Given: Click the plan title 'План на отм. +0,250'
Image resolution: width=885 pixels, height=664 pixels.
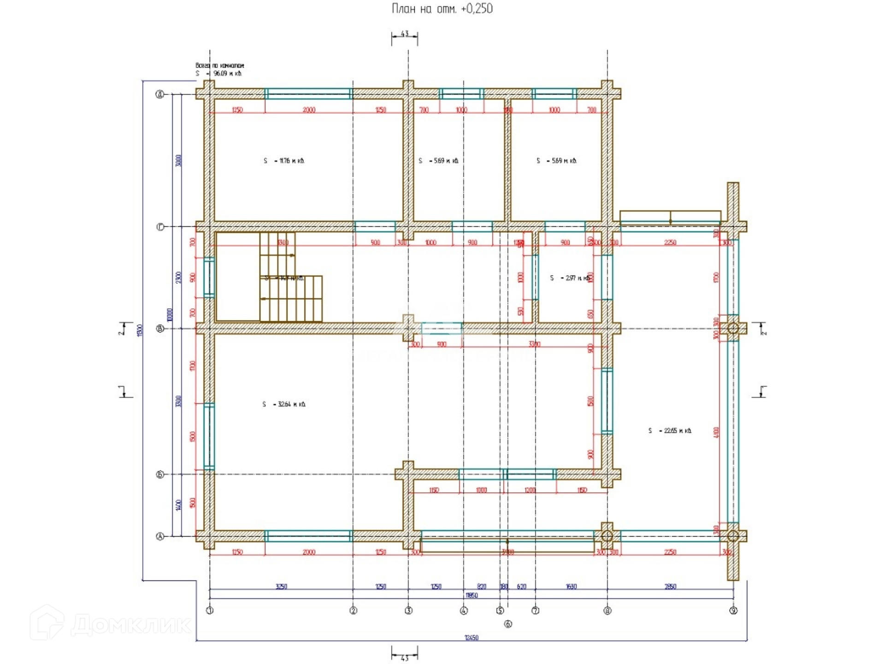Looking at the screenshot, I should [442, 9].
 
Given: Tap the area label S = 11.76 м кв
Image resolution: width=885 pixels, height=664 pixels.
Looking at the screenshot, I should [284, 161].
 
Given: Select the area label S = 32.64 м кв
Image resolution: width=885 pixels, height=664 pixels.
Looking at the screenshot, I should [284, 404].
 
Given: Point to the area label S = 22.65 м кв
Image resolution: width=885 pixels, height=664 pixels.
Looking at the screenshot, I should [670, 431].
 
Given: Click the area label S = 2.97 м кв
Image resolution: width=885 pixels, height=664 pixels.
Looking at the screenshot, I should [570, 278].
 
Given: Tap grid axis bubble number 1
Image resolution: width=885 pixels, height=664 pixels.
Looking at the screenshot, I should [210, 611].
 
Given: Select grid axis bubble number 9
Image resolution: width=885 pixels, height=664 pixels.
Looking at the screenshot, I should [733, 611].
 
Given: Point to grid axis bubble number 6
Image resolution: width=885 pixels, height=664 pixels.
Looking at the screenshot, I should [508, 624].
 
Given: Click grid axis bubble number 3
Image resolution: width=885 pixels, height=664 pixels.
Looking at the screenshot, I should [408, 611].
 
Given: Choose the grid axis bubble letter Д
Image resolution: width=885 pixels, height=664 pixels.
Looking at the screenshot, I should [160, 95].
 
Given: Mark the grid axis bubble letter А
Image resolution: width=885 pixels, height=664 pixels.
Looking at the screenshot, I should [160, 536].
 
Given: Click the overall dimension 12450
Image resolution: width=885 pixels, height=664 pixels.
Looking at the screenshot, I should [471, 638].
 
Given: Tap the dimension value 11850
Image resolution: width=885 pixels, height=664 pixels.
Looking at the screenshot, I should [471, 595].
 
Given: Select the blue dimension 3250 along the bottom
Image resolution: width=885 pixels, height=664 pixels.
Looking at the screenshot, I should [281, 587].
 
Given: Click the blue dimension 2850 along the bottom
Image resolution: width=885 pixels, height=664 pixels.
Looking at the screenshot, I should [670, 587].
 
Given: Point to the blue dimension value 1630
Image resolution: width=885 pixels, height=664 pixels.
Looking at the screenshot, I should [571, 587].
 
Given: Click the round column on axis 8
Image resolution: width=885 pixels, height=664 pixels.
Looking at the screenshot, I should [607, 536].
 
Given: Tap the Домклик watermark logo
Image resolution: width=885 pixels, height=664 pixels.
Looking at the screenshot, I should [111, 624].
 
